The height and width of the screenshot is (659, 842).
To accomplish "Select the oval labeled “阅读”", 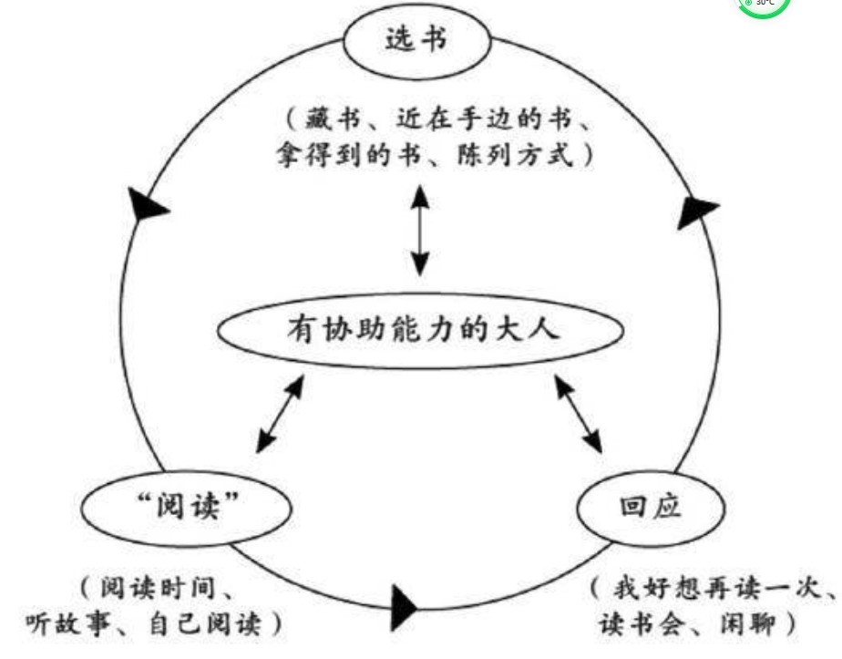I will click(x=187, y=504).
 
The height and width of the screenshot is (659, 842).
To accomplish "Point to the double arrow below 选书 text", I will click(x=418, y=231).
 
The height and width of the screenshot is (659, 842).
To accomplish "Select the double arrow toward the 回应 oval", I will click(x=580, y=416).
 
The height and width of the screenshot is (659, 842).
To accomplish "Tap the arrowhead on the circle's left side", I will click(x=147, y=206).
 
